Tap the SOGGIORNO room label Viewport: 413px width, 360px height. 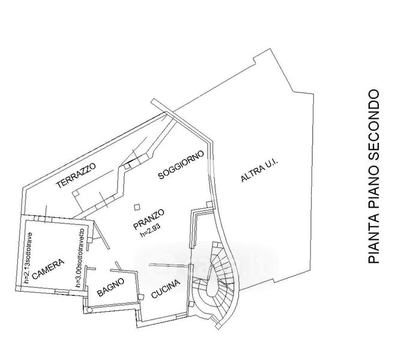[x=181, y=164]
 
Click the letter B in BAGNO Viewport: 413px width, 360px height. [x=98, y=294]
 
